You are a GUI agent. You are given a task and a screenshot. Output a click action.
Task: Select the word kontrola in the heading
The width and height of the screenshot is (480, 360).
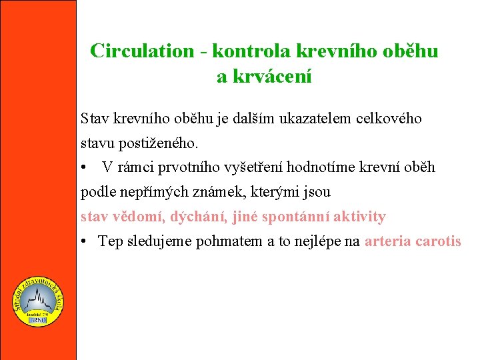tap(243, 51)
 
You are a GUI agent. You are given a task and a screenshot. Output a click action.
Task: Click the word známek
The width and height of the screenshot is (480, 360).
tap(213, 193)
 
